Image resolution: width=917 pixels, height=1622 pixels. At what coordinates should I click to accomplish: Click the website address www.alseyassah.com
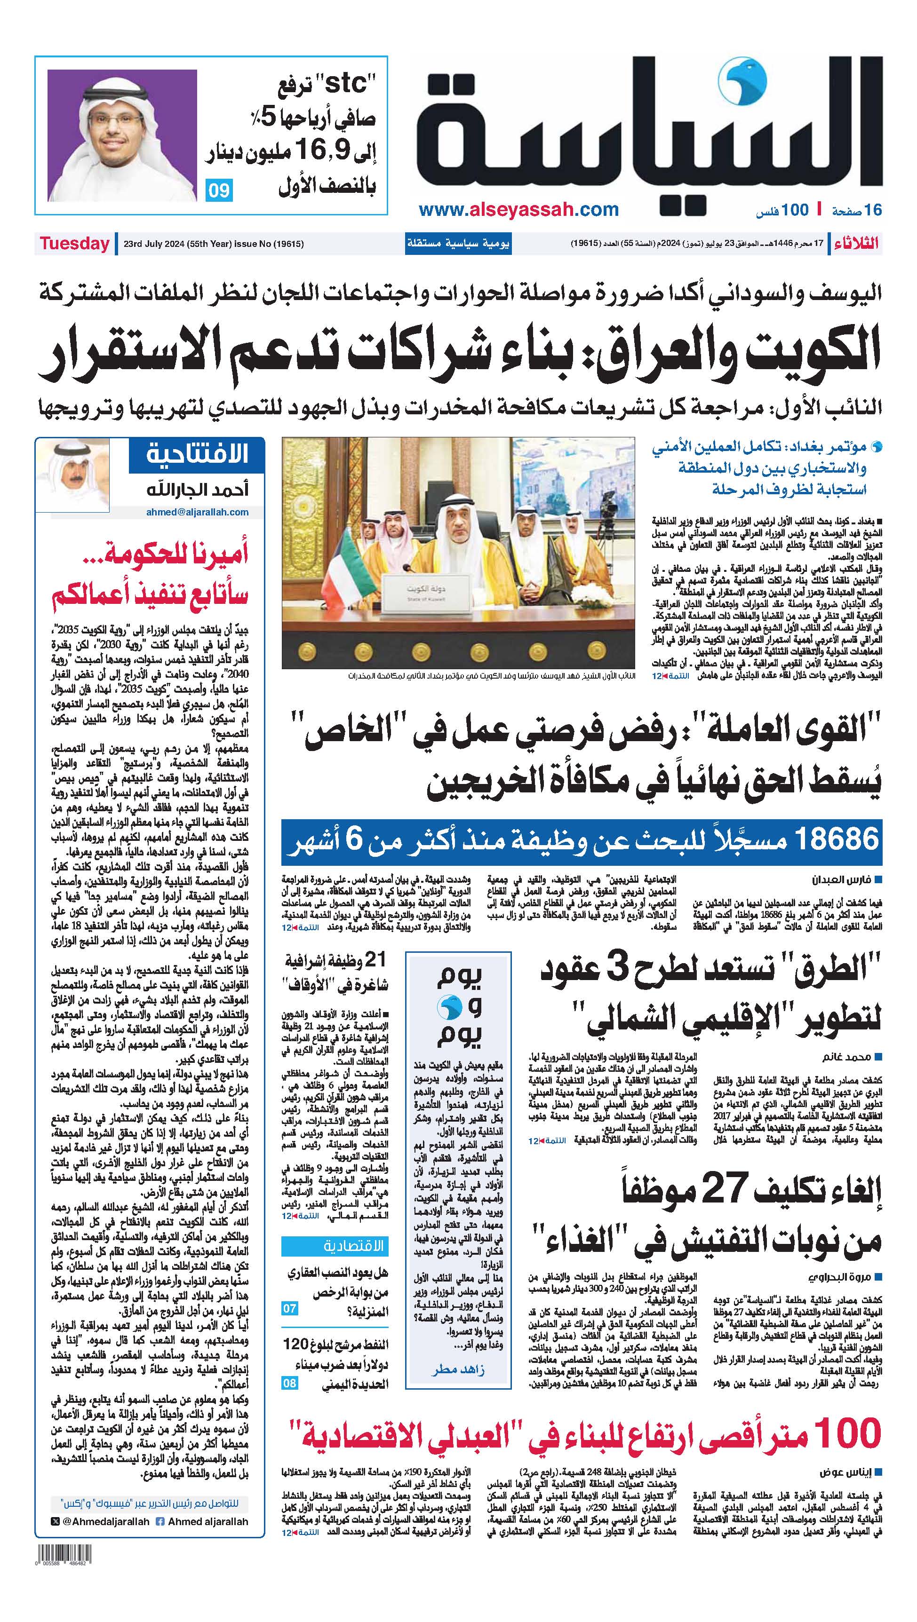[518, 210]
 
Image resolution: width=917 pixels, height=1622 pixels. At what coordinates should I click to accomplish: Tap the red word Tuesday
[74, 244]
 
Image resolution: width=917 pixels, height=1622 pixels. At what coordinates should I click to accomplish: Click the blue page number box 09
[218, 190]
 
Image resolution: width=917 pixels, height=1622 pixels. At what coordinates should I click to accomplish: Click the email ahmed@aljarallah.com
[197, 512]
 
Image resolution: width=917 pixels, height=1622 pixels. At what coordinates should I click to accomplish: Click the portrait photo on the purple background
[122, 135]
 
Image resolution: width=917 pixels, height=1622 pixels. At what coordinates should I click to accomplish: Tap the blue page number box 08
[289, 1384]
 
